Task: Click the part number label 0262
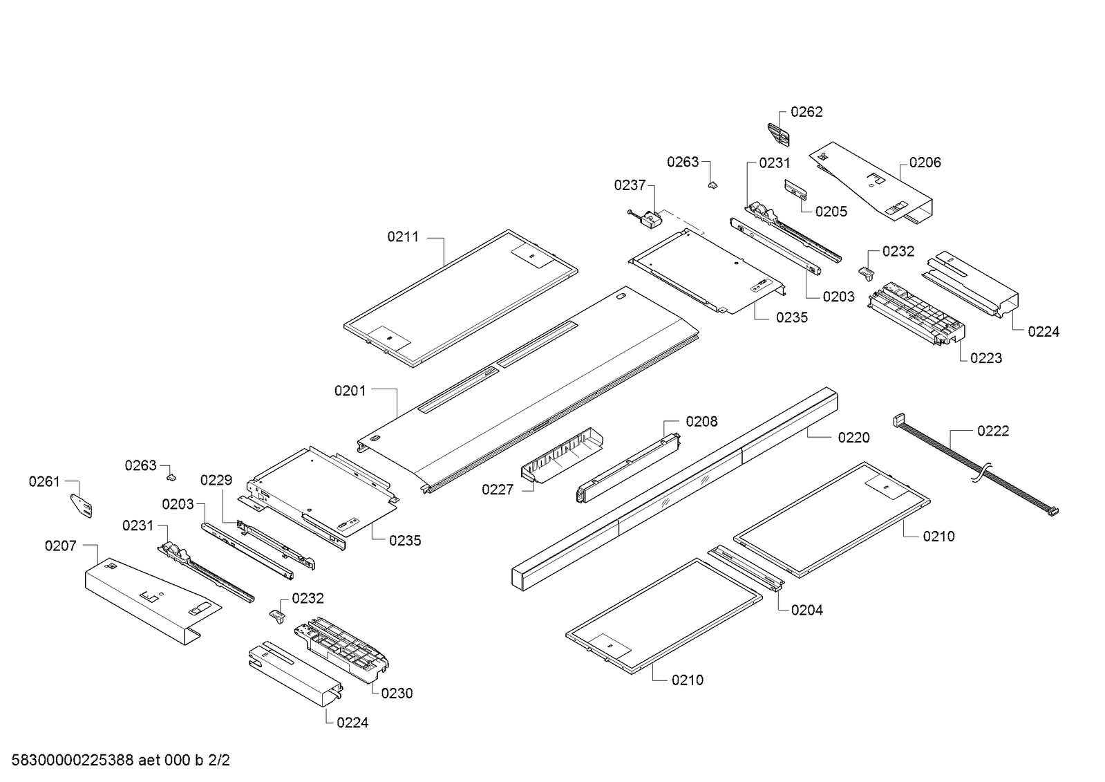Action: click(x=806, y=112)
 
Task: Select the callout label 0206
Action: click(x=925, y=162)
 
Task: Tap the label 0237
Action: click(x=630, y=185)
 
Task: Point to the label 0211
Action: click(x=403, y=237)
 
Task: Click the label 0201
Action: click(x=350, y=391)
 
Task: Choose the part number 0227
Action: click(x=498, y=490)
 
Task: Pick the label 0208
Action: click(x=701, y=421)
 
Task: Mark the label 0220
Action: click(x=853, y=438)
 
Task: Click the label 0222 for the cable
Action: click(x=992, y=431)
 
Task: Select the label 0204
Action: click(x=806, y=610)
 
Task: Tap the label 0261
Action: click(x=44, y=481)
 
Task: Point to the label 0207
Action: click(x=61, y=546)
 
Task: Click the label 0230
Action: click(x=397, y=693)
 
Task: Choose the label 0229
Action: click(x=216, y=480)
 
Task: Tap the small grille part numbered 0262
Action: click(x=778, y=134)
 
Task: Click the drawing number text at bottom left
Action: click(x=121, y=761)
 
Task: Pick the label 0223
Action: click(x=985, y=358)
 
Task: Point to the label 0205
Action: click(x=831, y=212)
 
